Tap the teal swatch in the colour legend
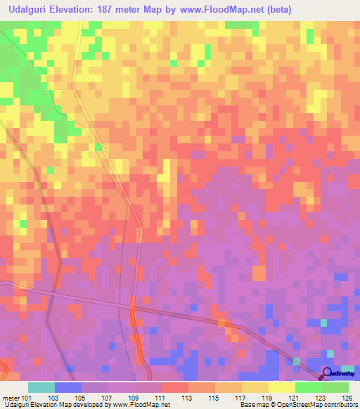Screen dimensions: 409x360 41,387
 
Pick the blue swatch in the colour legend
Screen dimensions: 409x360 67,387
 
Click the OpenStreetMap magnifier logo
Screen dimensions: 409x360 328,372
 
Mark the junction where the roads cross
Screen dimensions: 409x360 131,306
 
